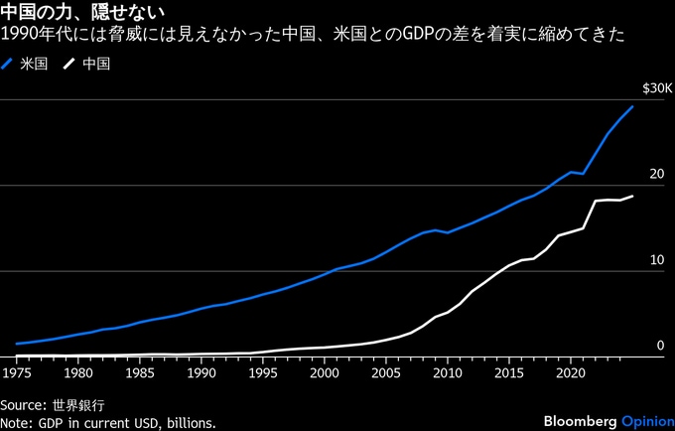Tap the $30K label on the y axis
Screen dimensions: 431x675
click(x=656, y=88)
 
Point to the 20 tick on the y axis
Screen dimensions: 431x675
click(x=655, y=175)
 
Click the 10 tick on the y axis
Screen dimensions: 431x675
click(x=655, y=260)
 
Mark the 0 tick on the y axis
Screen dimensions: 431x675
click(x=658, y=346)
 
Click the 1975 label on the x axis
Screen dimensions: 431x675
click(x=16, y=373)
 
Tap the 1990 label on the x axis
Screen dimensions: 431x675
click(x=201, y=373)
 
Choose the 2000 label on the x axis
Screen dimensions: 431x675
click(x=324, y=373)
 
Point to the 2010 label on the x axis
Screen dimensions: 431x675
click(x=447, y=373)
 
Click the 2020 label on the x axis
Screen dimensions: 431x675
click(x=570, y=373)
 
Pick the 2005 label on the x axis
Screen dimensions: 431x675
click(x=385, y=373)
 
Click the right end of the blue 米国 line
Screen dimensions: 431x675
click(x=632, y=106)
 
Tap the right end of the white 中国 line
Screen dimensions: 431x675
click(x=632, y=197)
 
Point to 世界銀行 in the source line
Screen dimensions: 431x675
click(x=79, y=405)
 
